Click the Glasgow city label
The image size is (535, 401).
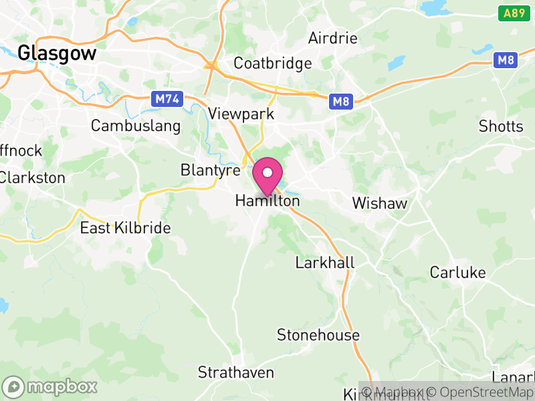coord(58,53)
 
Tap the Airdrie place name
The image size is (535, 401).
coord(332,39)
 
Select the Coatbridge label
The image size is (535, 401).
coord(272,63)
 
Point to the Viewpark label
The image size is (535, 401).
coord(241,114)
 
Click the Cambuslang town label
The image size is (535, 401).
coord(136,126)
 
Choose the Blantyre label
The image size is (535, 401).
coord(210,170)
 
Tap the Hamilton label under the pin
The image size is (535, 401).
coord(267,200)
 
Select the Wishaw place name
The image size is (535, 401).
coord(379,203)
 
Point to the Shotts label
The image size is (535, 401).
coord(501,126)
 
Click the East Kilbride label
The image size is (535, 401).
coord(125,228)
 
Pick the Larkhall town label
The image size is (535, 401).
coord(325,263)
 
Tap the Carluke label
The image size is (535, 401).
coord(457,272)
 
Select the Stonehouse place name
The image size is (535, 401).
coord(318,335)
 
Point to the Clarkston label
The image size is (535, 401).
coord(32,178)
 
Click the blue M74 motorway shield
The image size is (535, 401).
coord(167,99)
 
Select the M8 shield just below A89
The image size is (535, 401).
coord(506,61)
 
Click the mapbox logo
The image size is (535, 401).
coord(50,386)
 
